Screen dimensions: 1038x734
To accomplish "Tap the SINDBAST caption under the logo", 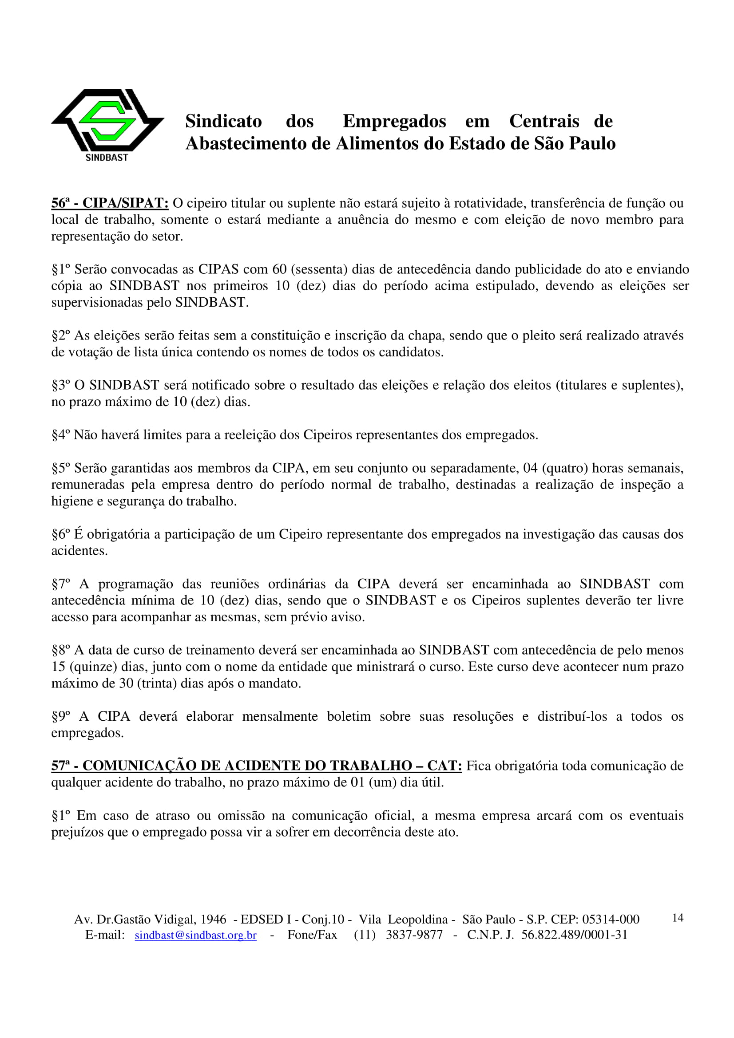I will coord(107,158).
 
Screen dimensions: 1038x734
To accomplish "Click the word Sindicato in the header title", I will coord(223,121).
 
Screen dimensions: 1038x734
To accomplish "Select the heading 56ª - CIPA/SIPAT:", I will coord(110,203).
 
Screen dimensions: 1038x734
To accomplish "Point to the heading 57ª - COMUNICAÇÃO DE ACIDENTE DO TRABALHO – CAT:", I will coord(256,766).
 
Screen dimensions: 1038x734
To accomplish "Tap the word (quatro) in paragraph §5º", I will coord(565,468).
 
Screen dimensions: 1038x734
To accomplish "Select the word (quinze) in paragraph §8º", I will coord(94,667).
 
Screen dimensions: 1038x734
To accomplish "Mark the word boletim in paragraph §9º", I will coord(349,716).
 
